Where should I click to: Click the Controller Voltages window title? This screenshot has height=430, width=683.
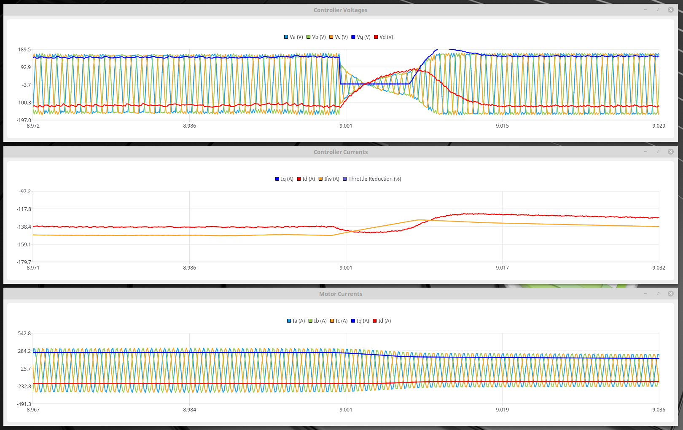[340, 10]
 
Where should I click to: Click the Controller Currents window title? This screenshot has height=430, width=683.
[340, 152]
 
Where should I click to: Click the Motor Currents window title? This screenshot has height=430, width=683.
[340, 294]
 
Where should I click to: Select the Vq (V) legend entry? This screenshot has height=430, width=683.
[361, 37]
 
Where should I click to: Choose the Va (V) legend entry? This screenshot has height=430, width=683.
[293, 37]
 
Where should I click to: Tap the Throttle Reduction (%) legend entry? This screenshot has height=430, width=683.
[372, 179]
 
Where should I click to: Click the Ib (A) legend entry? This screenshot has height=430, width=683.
[317, 321]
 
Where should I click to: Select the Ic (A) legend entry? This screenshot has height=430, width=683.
[339, 321]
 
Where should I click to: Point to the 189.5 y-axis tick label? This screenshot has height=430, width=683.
[24, 50]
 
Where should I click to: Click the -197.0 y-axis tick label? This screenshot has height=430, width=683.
[24, 120]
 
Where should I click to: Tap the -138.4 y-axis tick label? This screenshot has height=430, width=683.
[24, 227]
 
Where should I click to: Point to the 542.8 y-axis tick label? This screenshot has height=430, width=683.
[24, 334]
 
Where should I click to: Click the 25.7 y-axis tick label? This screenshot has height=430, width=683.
[26, 369]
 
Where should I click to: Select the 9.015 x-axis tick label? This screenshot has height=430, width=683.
[502, 126]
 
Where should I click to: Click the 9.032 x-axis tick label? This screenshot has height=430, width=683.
[659, 268]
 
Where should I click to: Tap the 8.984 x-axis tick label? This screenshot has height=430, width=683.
[189, 410]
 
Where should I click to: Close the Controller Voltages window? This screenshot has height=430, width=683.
[671, 10]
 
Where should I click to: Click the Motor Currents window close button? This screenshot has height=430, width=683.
[671, 294]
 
